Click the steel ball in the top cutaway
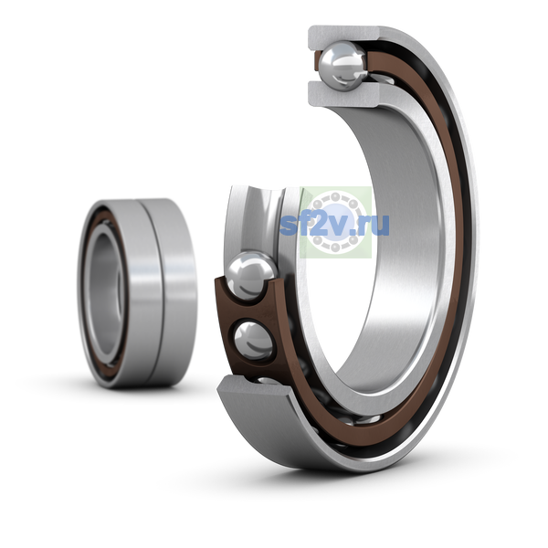tap(344, 66)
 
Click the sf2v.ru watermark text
tap(334, 225)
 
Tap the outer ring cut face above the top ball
tap(344, 35)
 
